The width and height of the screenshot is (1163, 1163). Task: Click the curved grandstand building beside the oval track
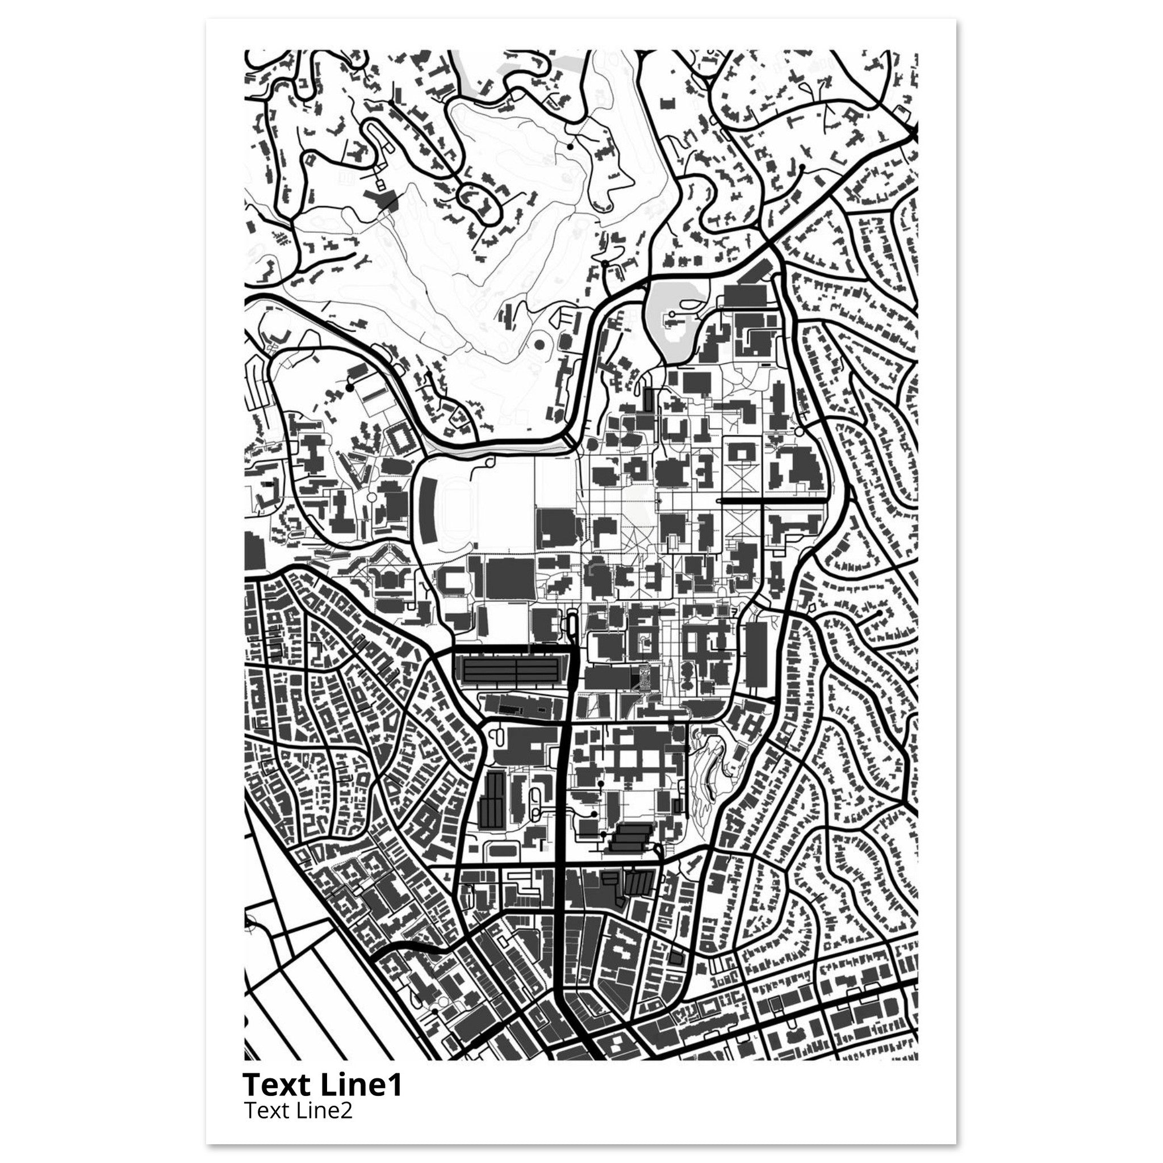tap(429, 512)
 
